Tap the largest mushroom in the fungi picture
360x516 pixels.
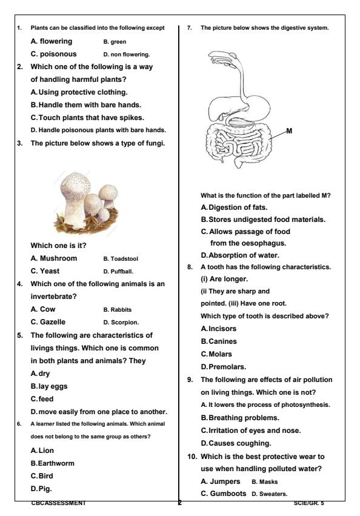(x=72, y=195)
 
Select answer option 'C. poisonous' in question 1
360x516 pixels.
(x=53, y=54)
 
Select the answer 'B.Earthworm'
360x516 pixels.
(x=52, y=463)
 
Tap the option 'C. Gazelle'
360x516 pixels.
(x=48, y=322)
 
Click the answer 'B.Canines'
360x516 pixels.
(x=219, y=341)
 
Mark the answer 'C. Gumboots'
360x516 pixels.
(x=223, y=494)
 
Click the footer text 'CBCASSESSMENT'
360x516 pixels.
(x=58, y=503)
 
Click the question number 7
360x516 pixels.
(x=190, y=28)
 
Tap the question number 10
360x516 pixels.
(x=190, y=456)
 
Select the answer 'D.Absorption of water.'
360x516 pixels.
(x=240, y=255)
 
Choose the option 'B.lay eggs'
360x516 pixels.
(x=48, y=386)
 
